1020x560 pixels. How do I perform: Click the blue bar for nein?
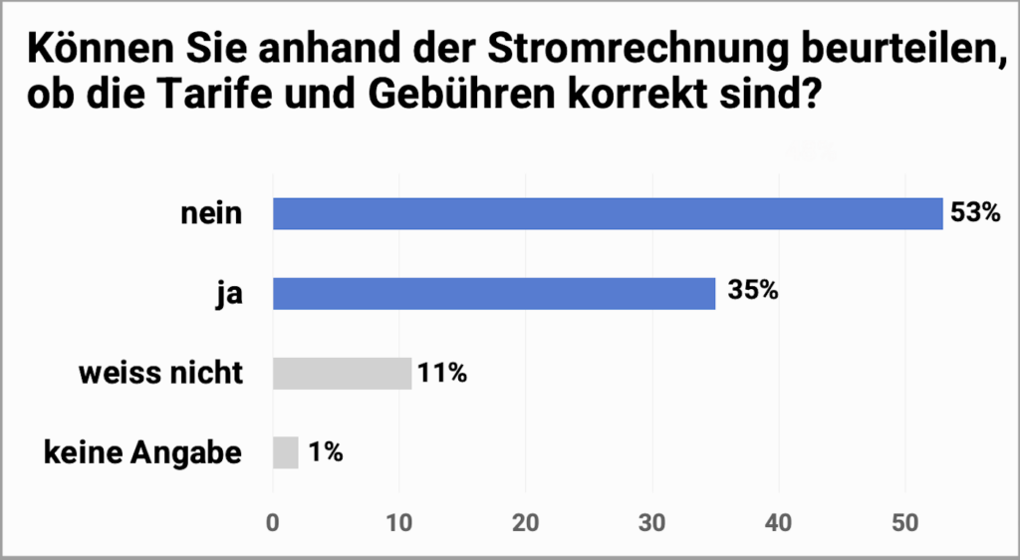coord(608,214)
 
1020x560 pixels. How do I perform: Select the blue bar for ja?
coord(494,294)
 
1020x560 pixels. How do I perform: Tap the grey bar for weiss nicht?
coord(342,374)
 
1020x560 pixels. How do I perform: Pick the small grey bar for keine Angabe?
coord(285,452)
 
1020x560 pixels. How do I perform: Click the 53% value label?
coord(975,214)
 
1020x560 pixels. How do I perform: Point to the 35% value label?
coord(752,294)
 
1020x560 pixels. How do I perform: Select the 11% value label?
coord(443,374)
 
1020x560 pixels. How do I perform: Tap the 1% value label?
coord(325,452)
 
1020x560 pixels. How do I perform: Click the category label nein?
coord(211,214)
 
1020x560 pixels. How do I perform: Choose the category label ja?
coord(230,294)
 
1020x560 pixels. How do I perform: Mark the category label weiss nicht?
coord(161,374)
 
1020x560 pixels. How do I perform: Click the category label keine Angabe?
coord(142,452)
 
